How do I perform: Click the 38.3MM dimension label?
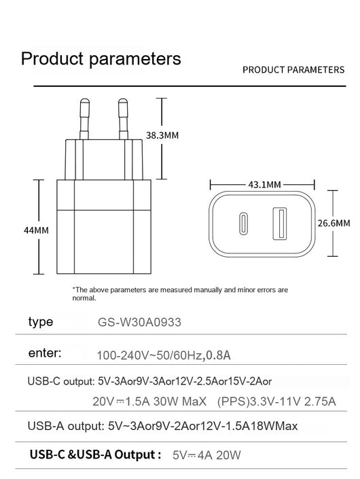162,135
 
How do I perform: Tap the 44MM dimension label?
36,230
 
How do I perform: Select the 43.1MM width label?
264,185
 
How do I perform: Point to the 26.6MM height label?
334,223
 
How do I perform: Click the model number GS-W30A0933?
139,322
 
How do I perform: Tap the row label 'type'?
41,321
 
